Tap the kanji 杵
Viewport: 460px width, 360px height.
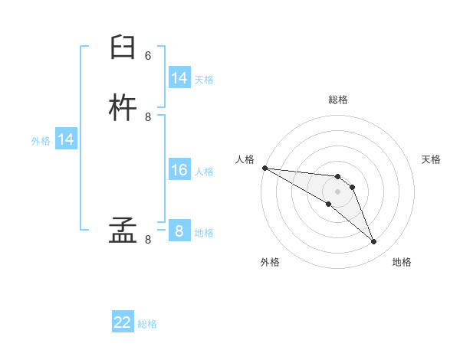tap(123, 109)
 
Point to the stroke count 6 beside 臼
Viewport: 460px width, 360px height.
tap(148, 56)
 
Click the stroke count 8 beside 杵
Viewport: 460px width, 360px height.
tap(148, 117)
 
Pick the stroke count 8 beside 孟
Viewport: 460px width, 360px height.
tap(148, 240)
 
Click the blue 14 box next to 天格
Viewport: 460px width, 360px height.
tap(179, 78)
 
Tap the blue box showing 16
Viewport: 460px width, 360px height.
tap(179, 170)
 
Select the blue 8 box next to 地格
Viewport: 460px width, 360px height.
tap(179, 231)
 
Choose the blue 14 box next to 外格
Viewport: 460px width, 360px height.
tap(66, 139)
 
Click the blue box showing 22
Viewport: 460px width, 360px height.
tap(123, 322)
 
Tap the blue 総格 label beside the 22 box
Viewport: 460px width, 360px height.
tap(147, 324)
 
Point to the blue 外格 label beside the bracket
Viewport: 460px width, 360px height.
tap(41, 141)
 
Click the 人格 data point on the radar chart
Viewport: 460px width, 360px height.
tap(264, 168)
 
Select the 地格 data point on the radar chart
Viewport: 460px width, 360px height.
tap(373, 241)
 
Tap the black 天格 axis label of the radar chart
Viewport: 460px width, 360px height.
tap(432, 159)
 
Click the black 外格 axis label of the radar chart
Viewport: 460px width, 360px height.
tap(270, 262)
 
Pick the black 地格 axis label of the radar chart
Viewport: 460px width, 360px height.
tap(402, 262)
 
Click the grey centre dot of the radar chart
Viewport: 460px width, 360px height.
tap(337, 191)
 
